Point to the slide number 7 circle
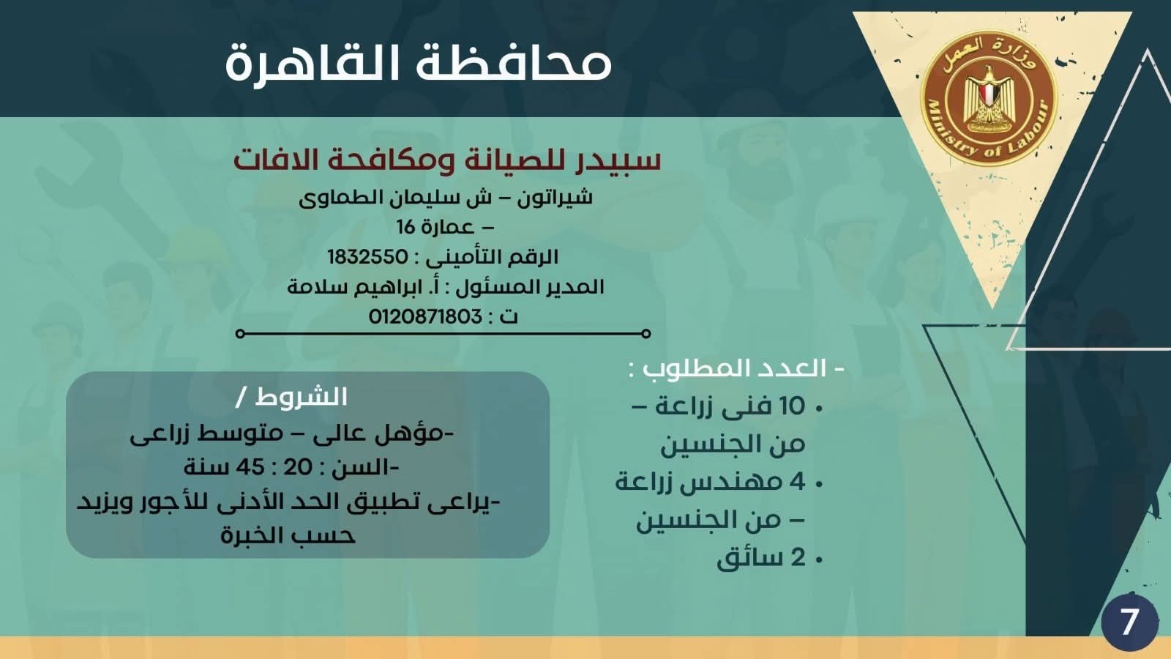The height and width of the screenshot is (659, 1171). tap(1129, 622)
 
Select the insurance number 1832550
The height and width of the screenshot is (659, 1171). tap(367, 257)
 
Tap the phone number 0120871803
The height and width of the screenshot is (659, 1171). tap(425, 316)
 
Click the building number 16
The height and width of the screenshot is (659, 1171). tap(406, 227)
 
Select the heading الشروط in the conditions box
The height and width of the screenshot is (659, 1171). tap(301, 398)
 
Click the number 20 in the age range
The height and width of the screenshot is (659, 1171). tap(298, 466)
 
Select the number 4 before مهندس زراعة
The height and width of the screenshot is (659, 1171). tap(798, 482)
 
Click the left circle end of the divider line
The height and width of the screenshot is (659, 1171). tap(240, 334)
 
